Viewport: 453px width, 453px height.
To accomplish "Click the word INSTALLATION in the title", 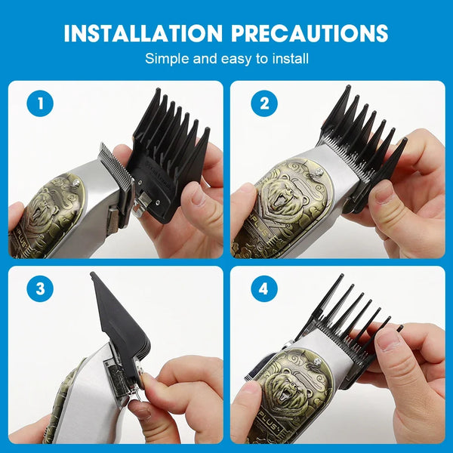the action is (x=143, y=33).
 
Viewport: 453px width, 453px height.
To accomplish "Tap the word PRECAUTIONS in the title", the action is (x=310, y=33).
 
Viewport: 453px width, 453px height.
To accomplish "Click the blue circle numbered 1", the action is (x=40, y=103).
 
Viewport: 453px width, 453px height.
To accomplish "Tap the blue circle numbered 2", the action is (x=264, y=103).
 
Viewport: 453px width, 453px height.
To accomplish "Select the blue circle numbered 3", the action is (x=40, y=288).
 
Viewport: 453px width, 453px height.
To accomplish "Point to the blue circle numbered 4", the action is (x=264, y=288).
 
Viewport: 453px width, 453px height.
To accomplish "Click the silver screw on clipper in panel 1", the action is (x=76, y=183).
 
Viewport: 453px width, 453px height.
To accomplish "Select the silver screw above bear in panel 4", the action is (x=318, y=362).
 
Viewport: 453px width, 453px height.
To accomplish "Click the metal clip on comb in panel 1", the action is (x=141, y=203).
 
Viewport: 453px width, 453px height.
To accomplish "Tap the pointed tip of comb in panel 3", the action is (x=92, y=274).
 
